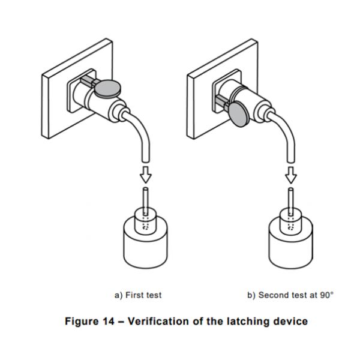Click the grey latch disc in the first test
[107, 89]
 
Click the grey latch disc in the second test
[239, 115]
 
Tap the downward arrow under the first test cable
[146, 175]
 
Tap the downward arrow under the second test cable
[291, 175]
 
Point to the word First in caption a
[134, 295]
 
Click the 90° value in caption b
[327, 295]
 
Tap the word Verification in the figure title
[158, 321]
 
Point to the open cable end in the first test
[146, 161]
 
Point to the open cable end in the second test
[291, 161]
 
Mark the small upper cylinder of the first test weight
[146, 221]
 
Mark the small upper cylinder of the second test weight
[291, 222]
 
